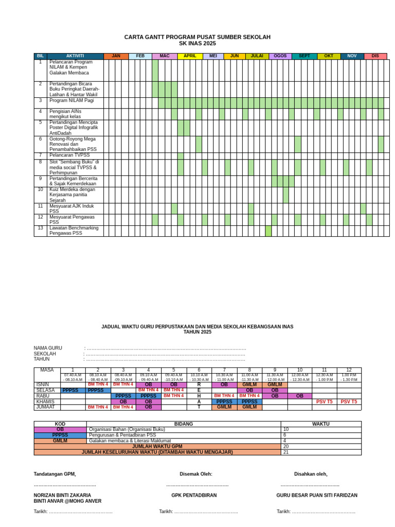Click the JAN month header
[116, 56]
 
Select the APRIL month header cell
[190, 56]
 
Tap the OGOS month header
[280, 56]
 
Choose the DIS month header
[375, 56]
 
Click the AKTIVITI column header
[75, 56]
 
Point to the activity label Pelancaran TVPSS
[69, 155]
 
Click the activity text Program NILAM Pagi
[71, 101]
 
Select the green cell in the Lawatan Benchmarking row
[268, 231]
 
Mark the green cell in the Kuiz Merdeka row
[285, 195]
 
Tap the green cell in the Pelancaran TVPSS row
[181, 156]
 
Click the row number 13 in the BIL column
[41, 228]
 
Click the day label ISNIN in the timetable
[43, 384]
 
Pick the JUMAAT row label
[45, 407]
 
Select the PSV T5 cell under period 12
[349, 401]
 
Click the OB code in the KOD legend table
[60, 429]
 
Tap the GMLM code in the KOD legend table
[60, 441]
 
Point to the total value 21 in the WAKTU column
[286, 452]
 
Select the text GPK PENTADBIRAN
[194, 496]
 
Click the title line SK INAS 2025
[197, 44]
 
